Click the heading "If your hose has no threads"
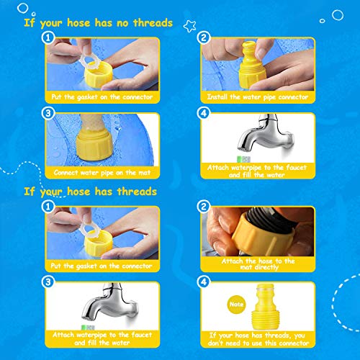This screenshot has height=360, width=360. click(x=99, y=23)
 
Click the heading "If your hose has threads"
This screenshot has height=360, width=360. click(x=91, y=192)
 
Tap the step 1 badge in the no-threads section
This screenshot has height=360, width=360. click(x=48, y=37)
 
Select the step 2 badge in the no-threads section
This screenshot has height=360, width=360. click(x=204, y=37)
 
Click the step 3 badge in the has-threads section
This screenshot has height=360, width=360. click(x=48, y=282)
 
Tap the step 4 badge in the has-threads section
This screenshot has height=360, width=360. click(x=204, y=282)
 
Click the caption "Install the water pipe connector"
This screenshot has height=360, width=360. click(x=258, y=97)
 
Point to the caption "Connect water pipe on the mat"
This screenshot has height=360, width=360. click(x=102, y=173)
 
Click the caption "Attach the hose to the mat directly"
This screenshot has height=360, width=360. click(x=258, y=264)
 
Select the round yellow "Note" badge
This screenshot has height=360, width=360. click(x=236, y=305)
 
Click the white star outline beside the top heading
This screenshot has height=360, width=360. click(x=189, y=26)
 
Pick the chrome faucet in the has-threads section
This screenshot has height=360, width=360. click(x=110, y=302)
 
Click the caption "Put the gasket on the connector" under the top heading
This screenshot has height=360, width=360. click(x=102, y=97)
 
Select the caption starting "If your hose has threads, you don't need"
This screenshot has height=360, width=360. click(x=258, y=339)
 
